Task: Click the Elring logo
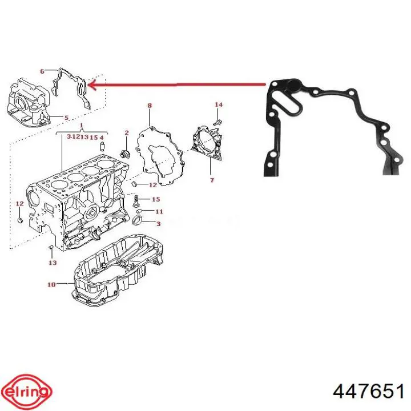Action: point(29,392)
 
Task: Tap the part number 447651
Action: point(368,392)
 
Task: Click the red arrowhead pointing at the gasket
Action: point(93,84)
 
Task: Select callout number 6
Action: point(42,71)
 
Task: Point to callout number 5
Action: point(66,118)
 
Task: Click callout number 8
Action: point(150,106)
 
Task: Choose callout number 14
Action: point(219,104)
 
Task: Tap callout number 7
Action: point(212,180)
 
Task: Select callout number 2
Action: point(127,132)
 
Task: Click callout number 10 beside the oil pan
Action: point(51,284)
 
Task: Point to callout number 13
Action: point(53,263)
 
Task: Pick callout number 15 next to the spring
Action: point(156,199)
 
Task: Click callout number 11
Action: point(159,211)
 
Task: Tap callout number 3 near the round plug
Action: point(158,224)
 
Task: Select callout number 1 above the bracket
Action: point(82,125)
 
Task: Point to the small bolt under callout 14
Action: point(217,122)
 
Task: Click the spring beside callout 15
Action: point(136,201)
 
